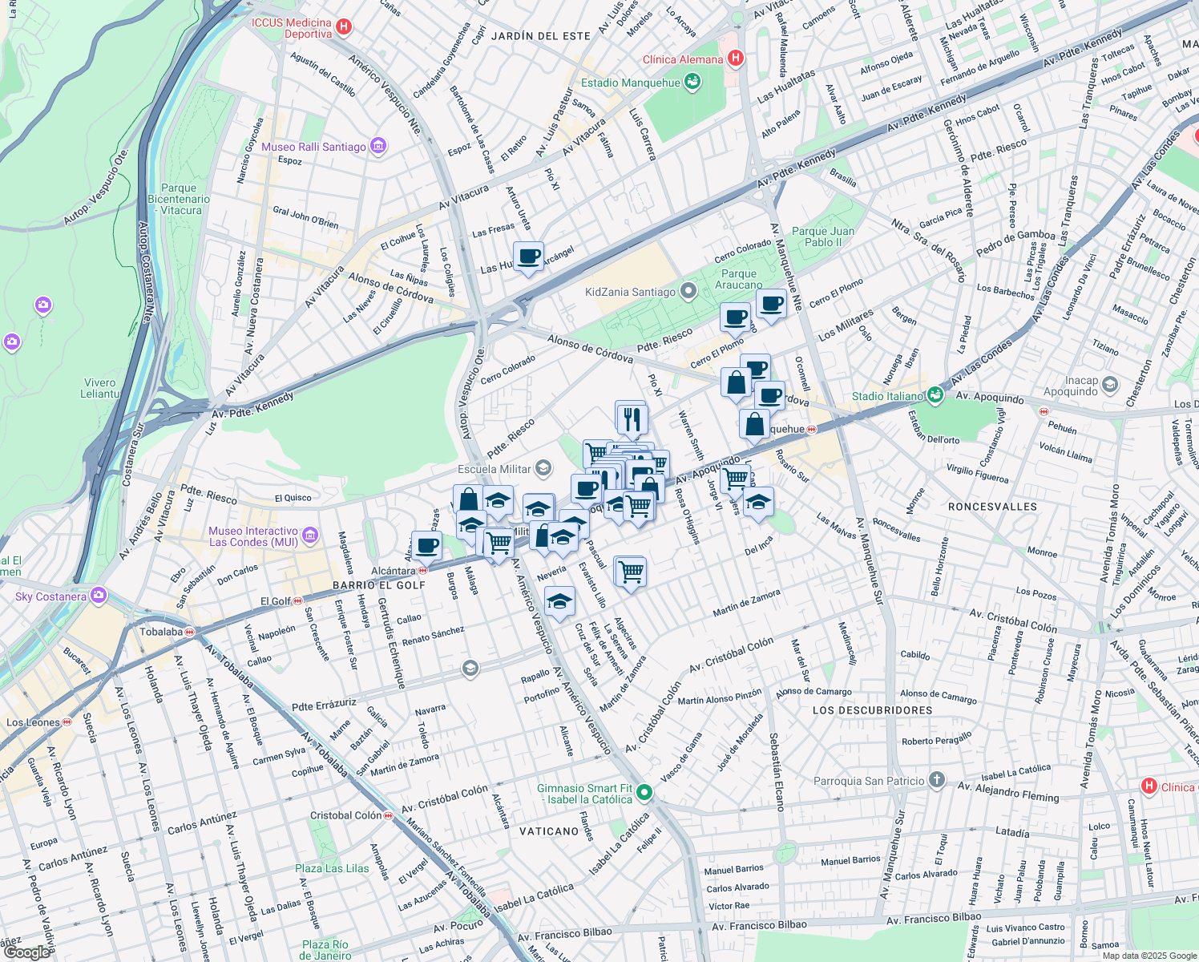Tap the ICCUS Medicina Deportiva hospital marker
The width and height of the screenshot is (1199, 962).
pyautogui.click(x=344, y=27)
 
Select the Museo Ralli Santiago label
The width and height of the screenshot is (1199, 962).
pyautogui.click(x=313, y=147)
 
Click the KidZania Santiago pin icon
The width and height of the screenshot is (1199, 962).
pyautogui.click(x=688, y=291)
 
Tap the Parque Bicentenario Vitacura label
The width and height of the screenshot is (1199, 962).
pyautogui.click(x=179, y=200)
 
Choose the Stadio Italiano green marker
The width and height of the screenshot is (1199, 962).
pyautogui.click(x=935, y=395)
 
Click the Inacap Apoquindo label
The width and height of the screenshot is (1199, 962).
pyautogui.click(x=1071, y=386)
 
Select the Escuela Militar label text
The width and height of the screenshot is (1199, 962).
pyautogui.click(x=494, y=469)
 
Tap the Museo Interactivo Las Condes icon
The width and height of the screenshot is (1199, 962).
pyautogui.click(x=310, y=536)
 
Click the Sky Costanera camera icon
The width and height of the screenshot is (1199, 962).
pyautogui.click(x=99, y=596)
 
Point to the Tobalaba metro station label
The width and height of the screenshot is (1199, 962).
pyautogui.click(x=162, y=632)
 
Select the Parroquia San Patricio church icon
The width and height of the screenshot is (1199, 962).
pyautogui.click(x=937, y=780)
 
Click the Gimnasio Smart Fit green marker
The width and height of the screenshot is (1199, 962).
pyautogui.click(x=644, y=793)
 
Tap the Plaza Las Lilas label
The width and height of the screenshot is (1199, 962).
pyautogui.click(x=332, y=868)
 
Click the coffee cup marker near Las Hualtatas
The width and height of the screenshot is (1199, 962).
pyautogui.click(x=528, y=257)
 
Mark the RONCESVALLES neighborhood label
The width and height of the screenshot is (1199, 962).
pyautogui.click(x=992, y=507)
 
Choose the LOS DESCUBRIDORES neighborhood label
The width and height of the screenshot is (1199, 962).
pyautogui.click(x=872, y=710)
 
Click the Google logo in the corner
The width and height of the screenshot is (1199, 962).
pyautogui.click(x=26, y=952)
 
